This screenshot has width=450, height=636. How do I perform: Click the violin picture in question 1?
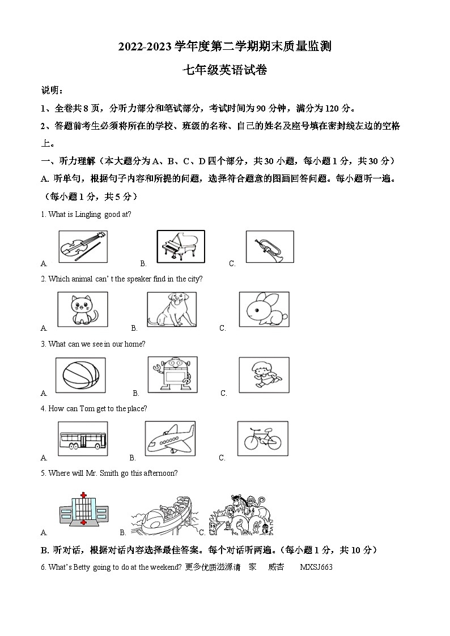pyautogui.click(x=83, y=247)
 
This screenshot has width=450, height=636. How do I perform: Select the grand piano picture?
pyautogui.click(x=180, y=247)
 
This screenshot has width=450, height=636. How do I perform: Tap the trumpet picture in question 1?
pyautogui.click(x=270, y=247)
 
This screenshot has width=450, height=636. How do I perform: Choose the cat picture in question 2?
pyautogui.click(x=82, y=310)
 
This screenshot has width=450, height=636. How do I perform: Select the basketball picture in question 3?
pyautogui.click(x=80, y=375)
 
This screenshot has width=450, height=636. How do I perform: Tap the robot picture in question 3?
pyautogui.click(x=172, y=375)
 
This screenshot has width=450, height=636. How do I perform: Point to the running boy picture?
pyautogui.click(x=264, y=375)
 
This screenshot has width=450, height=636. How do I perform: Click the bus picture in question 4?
pyautogui.click(x=83, y=439)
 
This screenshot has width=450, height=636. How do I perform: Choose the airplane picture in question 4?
pyautogui.click(x=170, y=439)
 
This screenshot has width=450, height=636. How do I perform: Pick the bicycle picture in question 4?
pyautogui.click(x=262, y=439)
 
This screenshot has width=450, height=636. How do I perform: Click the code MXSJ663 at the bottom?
pyautogui.click(x=316, y=567)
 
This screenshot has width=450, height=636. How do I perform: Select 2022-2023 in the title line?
pyautogui.click(x=150, y=48)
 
